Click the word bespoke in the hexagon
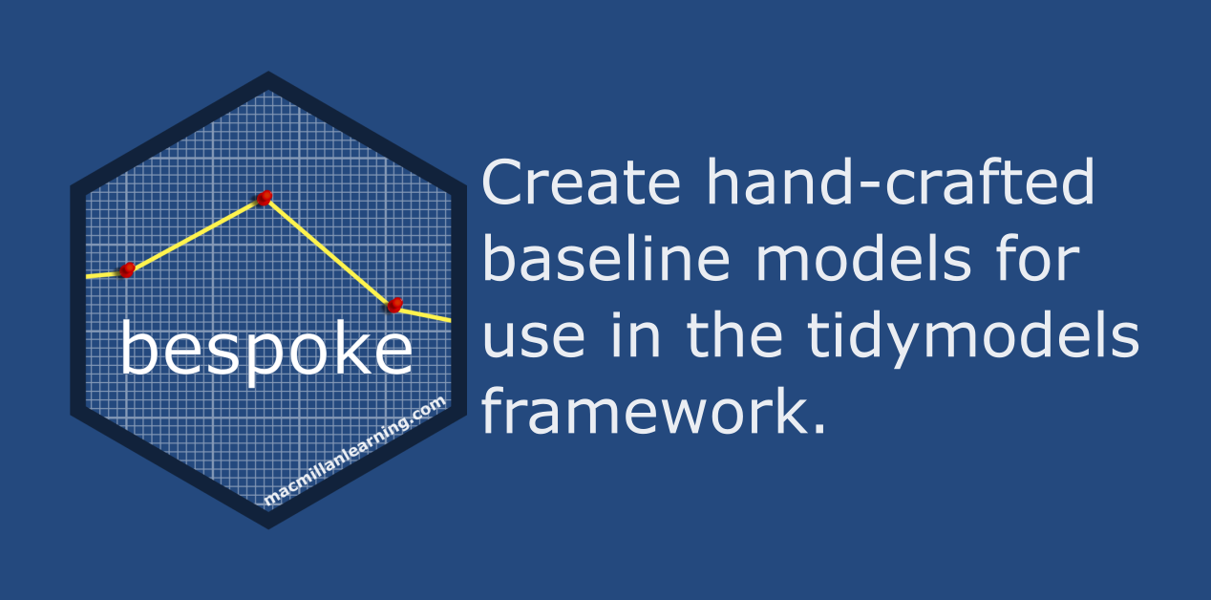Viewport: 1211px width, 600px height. pyautogui.click(x=266, y=352)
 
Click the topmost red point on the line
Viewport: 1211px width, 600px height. pyautogui.click(x=265, y=198)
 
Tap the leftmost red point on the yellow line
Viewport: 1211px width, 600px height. pyautogui.click(x=127, y=270)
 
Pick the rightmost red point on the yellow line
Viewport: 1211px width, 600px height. pyautogui.click(x=394, y=305)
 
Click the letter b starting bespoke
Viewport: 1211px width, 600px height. pyautogui.click(x=139, y=350)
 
